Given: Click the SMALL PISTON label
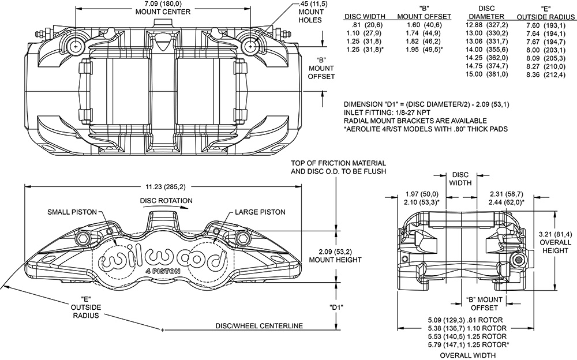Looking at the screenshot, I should point(72,212).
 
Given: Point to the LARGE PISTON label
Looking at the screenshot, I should point(260,212).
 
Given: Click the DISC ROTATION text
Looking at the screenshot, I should point(166,200).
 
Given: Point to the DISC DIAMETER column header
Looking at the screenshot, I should point(483,12).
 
